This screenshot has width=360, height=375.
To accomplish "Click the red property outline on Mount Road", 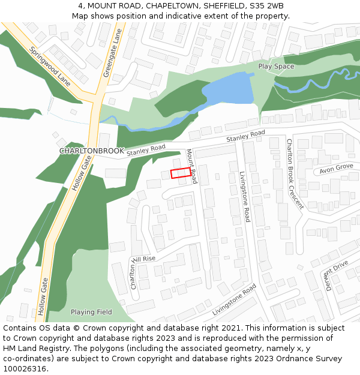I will coord(181,173).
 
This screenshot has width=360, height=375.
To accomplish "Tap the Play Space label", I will coord(276,66).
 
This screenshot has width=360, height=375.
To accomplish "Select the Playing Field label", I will coord(91,312).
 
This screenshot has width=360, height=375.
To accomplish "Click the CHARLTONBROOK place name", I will coord(91,151).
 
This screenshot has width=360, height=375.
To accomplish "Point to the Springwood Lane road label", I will coord(50,66).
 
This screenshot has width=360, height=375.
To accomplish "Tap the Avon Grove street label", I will coord(336,167).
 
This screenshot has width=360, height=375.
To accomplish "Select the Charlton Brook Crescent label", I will coord(295,174).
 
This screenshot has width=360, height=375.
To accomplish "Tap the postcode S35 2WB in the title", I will coord(266,6).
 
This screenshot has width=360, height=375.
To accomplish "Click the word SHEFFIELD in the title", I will coord(224,6).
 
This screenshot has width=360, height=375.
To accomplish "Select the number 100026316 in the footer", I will coord(24,368).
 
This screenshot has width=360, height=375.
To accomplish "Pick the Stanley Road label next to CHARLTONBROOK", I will coord(146,150).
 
